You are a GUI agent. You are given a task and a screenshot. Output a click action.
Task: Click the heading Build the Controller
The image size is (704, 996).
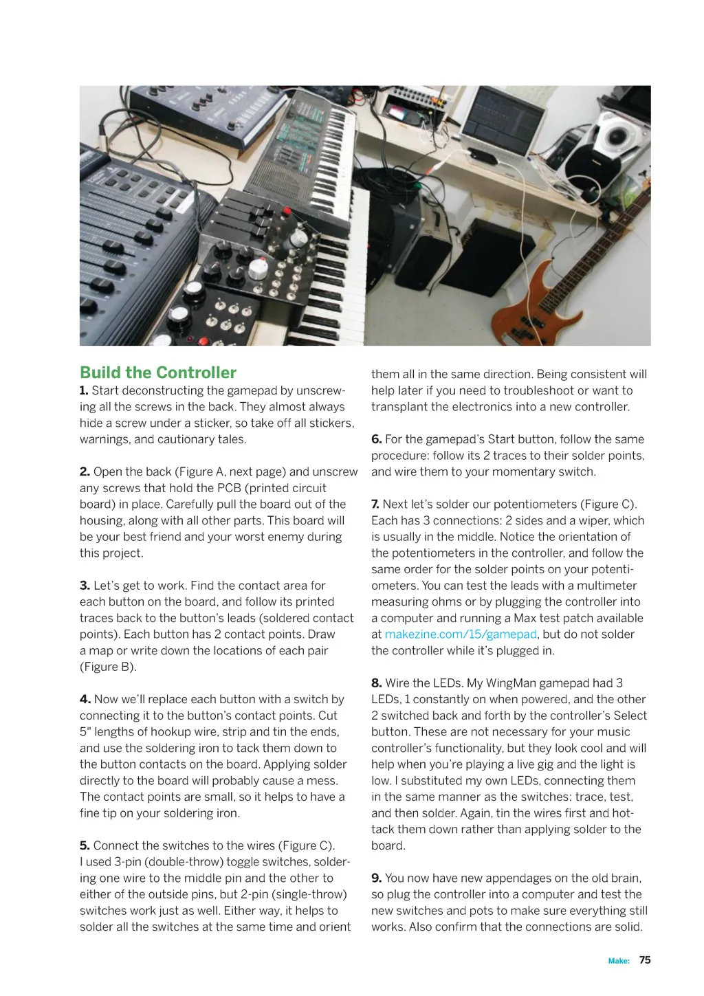pyautogui.click(x=157, y=373)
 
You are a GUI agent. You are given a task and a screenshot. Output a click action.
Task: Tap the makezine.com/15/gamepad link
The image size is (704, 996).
pyautogui.click(x=460, y=634)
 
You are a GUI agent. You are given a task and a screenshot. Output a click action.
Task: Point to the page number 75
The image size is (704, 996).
pyautogui.click(x=645, y=960)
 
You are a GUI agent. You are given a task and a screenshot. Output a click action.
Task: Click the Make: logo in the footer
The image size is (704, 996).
pyautogui.click(x=619, y=961)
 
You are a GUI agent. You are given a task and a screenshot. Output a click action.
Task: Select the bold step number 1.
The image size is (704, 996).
pyautogui.click(x=84, y=390)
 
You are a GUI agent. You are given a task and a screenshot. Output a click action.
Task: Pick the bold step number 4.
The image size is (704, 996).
pyautogui.click(x=85, y=699)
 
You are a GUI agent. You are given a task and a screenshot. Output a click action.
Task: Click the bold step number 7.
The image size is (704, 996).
pyautogui.click(x=375, y=504)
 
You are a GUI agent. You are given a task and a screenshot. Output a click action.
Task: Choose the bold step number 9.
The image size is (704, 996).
pyautogui.click(x=376, y=878)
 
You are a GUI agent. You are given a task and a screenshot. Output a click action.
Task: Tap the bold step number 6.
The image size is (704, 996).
pyautogui.click(x=376, y=439)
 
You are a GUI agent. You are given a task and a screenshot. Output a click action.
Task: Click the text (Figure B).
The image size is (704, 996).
pyautogui.click(x=108, y=667)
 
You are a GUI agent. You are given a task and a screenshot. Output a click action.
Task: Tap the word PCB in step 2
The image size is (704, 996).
pyautogui.click(x=229, y=488)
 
